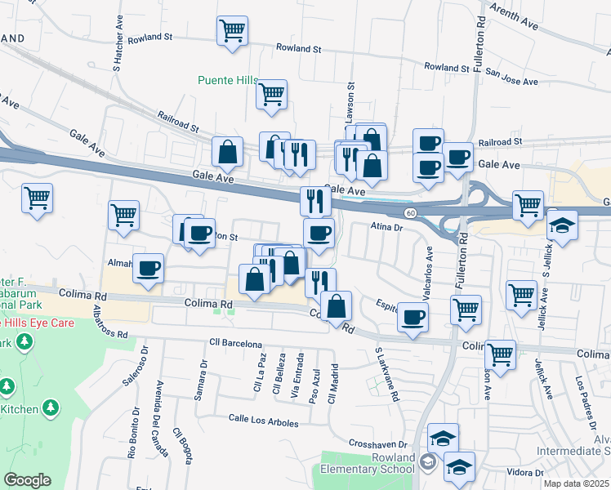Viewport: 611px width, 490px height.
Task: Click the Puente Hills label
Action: (228, 80)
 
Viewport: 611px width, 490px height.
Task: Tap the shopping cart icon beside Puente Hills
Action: (271, 94)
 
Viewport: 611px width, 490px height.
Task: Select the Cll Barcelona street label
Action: (235, 342)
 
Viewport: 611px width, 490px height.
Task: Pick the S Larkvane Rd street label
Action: (386, 374)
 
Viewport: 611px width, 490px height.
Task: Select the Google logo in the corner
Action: (28, 480)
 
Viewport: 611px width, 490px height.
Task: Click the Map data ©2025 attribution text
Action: (577, 483)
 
